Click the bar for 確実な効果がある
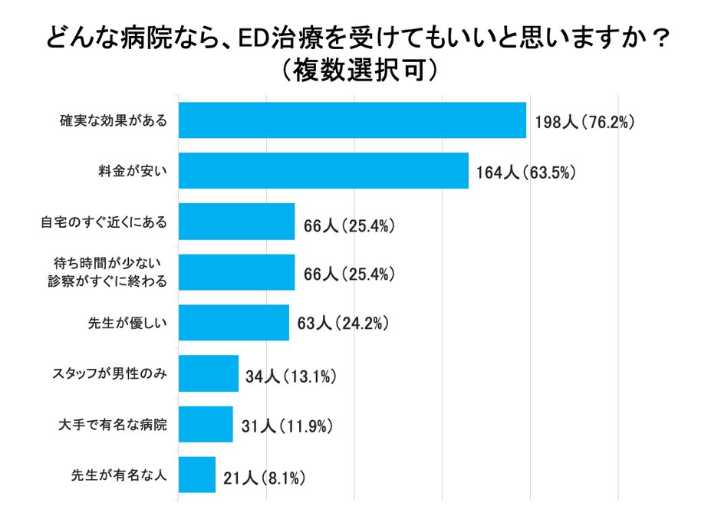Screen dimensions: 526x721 click(x=352, y=120)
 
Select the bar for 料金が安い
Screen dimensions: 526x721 click(x=323, y=170)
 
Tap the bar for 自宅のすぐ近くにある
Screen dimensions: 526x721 click(x=236, y=222)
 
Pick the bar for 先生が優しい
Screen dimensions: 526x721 click(x=233, y=323)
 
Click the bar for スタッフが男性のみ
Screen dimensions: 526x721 click(x=208, y=373)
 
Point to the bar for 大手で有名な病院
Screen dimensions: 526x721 click(x=205, y=424)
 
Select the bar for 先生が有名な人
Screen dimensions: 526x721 click(x=196, y=475)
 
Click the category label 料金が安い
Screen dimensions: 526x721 click(x=133, y=170)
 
